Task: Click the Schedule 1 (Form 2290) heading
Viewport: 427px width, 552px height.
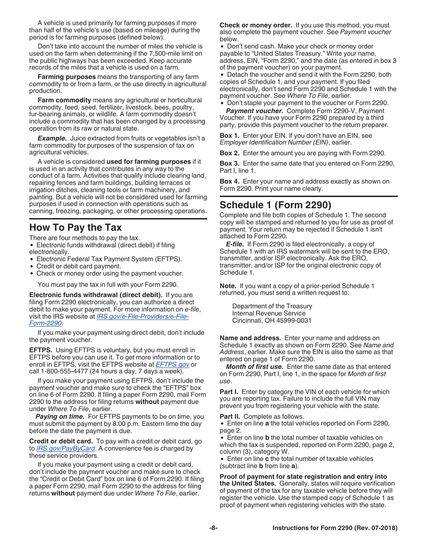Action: tap(276, 205)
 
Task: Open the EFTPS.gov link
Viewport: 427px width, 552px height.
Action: tap(172, 364)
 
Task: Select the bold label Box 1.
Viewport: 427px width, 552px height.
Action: tap(229, 136)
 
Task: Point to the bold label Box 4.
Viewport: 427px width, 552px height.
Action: tap(229, 181)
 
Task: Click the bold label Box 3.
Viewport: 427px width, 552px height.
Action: tap(229, 163)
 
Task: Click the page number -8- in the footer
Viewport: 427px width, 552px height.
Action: tap(213, 528)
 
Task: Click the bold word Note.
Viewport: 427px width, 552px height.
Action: tap(228, 286)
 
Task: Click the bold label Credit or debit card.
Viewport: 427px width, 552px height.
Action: tap(61, 442)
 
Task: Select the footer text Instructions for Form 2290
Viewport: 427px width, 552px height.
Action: tap(335, 528)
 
